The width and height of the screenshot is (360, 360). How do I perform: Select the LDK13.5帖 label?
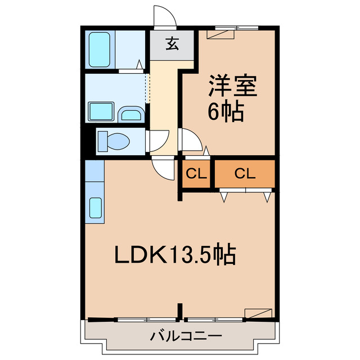pyautogui.click(x=175, y=256)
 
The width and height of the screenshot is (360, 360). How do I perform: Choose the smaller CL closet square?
pyautogui.click(x=196, y=174)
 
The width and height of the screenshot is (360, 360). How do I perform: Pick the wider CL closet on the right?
pyautogui.click(x=245, y=174)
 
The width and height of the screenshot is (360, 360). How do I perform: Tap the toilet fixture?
pyautogui.click(x=112, y=141)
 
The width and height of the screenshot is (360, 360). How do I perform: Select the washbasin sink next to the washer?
pyautogui.click(x=132, y=114)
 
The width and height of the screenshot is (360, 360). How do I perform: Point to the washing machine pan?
pyautogui.click(x=102, y=112)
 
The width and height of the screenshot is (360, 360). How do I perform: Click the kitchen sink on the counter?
pyautogui.click(x=95, y=209)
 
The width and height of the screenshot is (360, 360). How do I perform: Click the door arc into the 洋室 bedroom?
pyautogui.click(x=189, y=139)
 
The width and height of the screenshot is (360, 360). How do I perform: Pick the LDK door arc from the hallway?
pyautogui.click(x=164, y=168)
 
